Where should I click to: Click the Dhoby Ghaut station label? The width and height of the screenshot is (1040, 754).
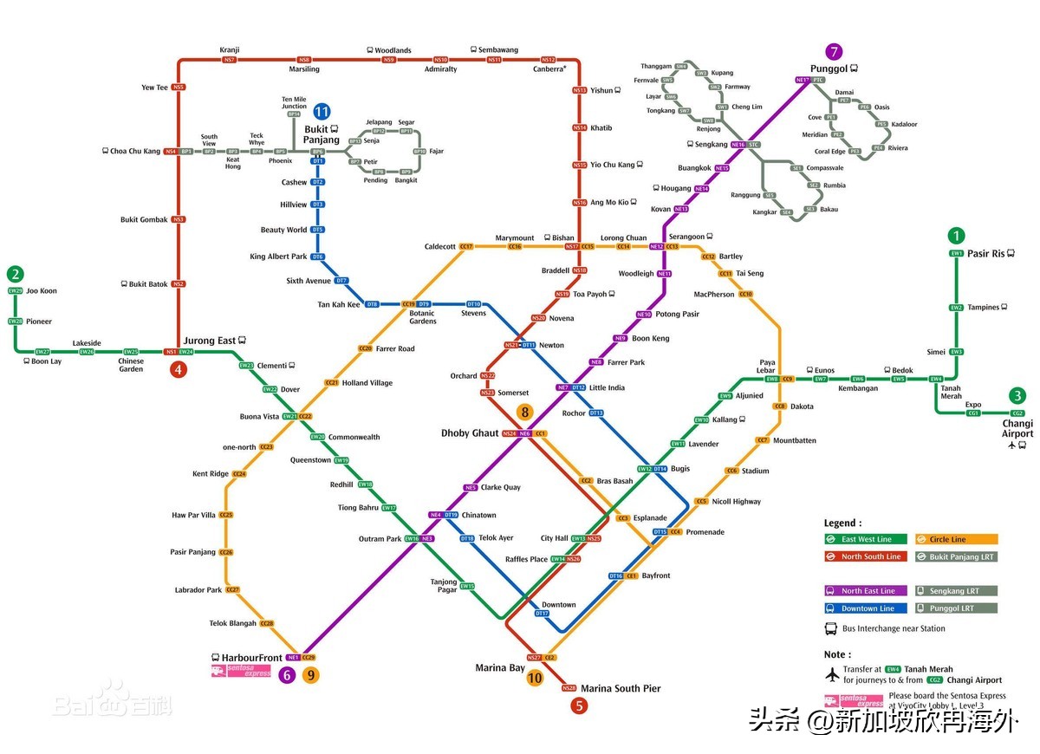click(x=470, y=432)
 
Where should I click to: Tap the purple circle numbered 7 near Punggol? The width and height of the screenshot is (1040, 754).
click(x=835, y=51)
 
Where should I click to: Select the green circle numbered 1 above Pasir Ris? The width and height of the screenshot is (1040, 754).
click(x=956, y=236)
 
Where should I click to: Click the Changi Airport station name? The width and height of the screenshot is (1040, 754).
click(x=1017, y=428)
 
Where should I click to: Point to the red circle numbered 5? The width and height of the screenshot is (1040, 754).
click(x=579, y=705)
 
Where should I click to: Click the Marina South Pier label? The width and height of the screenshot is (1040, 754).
click(x=621, y=688)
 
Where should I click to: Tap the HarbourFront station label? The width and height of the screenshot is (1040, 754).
click(x=251, y=658)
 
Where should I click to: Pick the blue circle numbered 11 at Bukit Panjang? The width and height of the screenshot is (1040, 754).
click(x=322, y=111)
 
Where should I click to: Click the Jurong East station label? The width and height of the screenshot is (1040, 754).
click(x=209, y=341)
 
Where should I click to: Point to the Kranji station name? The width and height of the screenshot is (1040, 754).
click(x=230, y=49)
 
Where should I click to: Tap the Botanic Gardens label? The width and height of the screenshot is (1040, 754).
click(x=423, y=317)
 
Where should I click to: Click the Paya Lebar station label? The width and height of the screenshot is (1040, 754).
click(x=767, y=367)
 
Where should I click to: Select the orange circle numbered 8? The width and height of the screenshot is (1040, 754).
click(x=524, y=413)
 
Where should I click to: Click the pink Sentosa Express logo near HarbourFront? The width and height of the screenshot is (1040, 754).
click(x=229, y=671)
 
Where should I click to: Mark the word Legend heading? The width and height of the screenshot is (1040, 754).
click(x=842, y=523)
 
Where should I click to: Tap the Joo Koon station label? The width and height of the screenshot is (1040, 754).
click(x=42, y=291)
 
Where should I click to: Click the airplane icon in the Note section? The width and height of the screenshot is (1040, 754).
click(x=833, y=674)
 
